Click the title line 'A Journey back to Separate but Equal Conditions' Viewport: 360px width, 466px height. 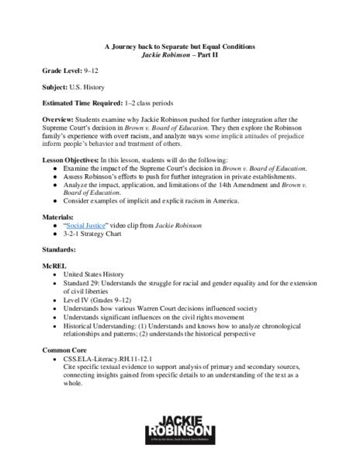click(180, 47)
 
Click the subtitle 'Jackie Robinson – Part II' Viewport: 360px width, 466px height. click(180, 55)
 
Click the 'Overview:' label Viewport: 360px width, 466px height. click(59, 120)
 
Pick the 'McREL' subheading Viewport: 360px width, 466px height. click(54, 266)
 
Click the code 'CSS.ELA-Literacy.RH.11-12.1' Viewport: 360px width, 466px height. click(116, 360)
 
